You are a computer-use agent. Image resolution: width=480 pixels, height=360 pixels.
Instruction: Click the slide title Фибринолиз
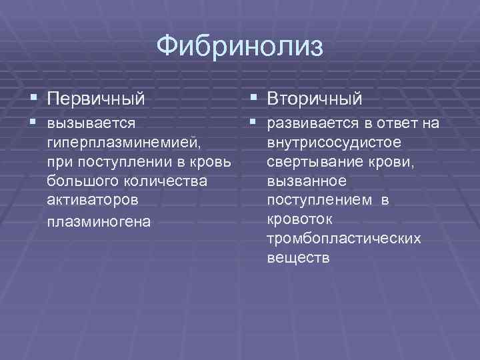[x=239, y=47]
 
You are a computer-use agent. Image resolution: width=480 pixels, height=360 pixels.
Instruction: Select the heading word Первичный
[x=96, y=99]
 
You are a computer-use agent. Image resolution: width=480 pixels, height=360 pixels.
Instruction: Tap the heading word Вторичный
[x=315, y=99]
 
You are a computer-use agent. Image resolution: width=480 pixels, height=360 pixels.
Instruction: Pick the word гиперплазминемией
[x=124, y=142]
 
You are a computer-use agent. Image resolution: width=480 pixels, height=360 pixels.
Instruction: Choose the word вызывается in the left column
[x=91, y=123]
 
